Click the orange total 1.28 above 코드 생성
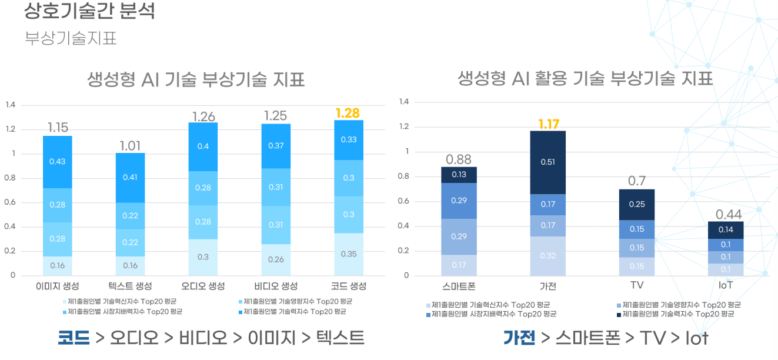coord(348,114)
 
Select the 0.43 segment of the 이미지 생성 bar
coord(58,162)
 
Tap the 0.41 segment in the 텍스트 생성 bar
coord(130,178)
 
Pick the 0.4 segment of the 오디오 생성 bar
coord(203,146)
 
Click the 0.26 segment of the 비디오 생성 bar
coord(276,260)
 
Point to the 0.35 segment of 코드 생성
coord(349,254)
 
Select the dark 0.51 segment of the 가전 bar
coord(547,162)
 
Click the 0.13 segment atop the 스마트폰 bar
coord(459,175)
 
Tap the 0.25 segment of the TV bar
coord(637,205)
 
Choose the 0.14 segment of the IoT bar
coord(726,230)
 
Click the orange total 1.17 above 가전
coord(549,124)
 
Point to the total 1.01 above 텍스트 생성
coord(130,146)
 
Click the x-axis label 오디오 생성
coord(203,286)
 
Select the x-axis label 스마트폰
coord(459,286)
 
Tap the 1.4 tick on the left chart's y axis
coord(11,105)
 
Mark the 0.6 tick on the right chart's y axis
coord(403,201)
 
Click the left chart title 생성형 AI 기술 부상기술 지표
coord(196,79)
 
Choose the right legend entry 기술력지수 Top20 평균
coord(676,314)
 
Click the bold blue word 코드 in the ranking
coord(74,338)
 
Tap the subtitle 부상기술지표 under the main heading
coord(71,38)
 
